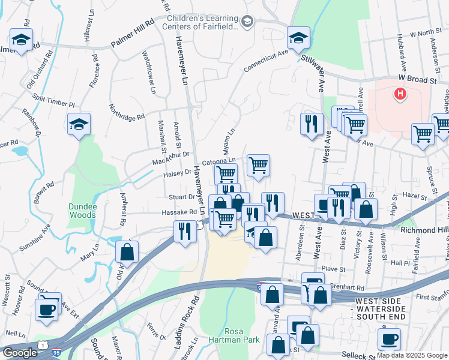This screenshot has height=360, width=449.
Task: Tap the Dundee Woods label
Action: [x=82, y=211]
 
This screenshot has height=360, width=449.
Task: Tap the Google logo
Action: [x=20, y=353]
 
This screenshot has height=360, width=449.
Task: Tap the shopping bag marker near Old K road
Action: [x=127, y=253]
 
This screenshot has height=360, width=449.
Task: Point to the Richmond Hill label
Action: [x=424, y=229]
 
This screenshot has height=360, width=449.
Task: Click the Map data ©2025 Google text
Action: [x=412, y=355]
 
